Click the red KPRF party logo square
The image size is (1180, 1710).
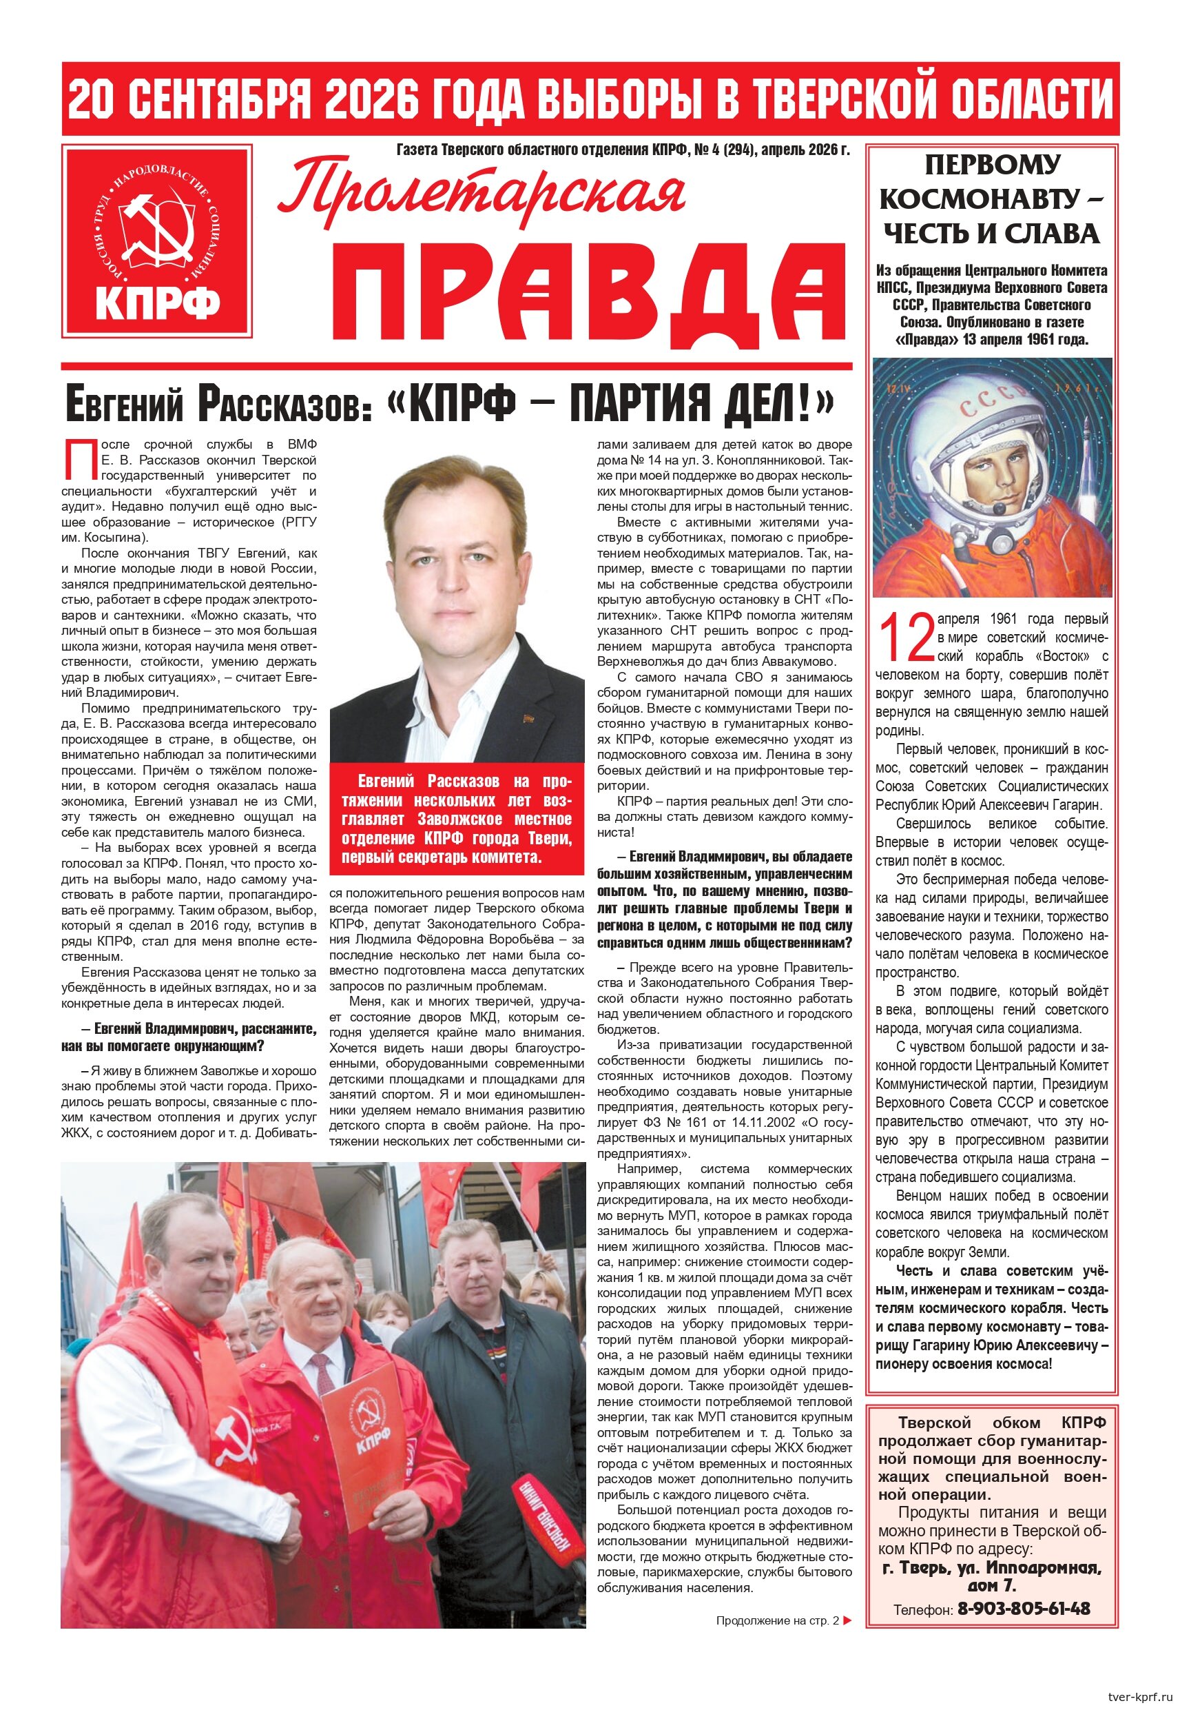coord(157,241)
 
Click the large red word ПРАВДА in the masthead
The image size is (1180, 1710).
coord(588,291)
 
